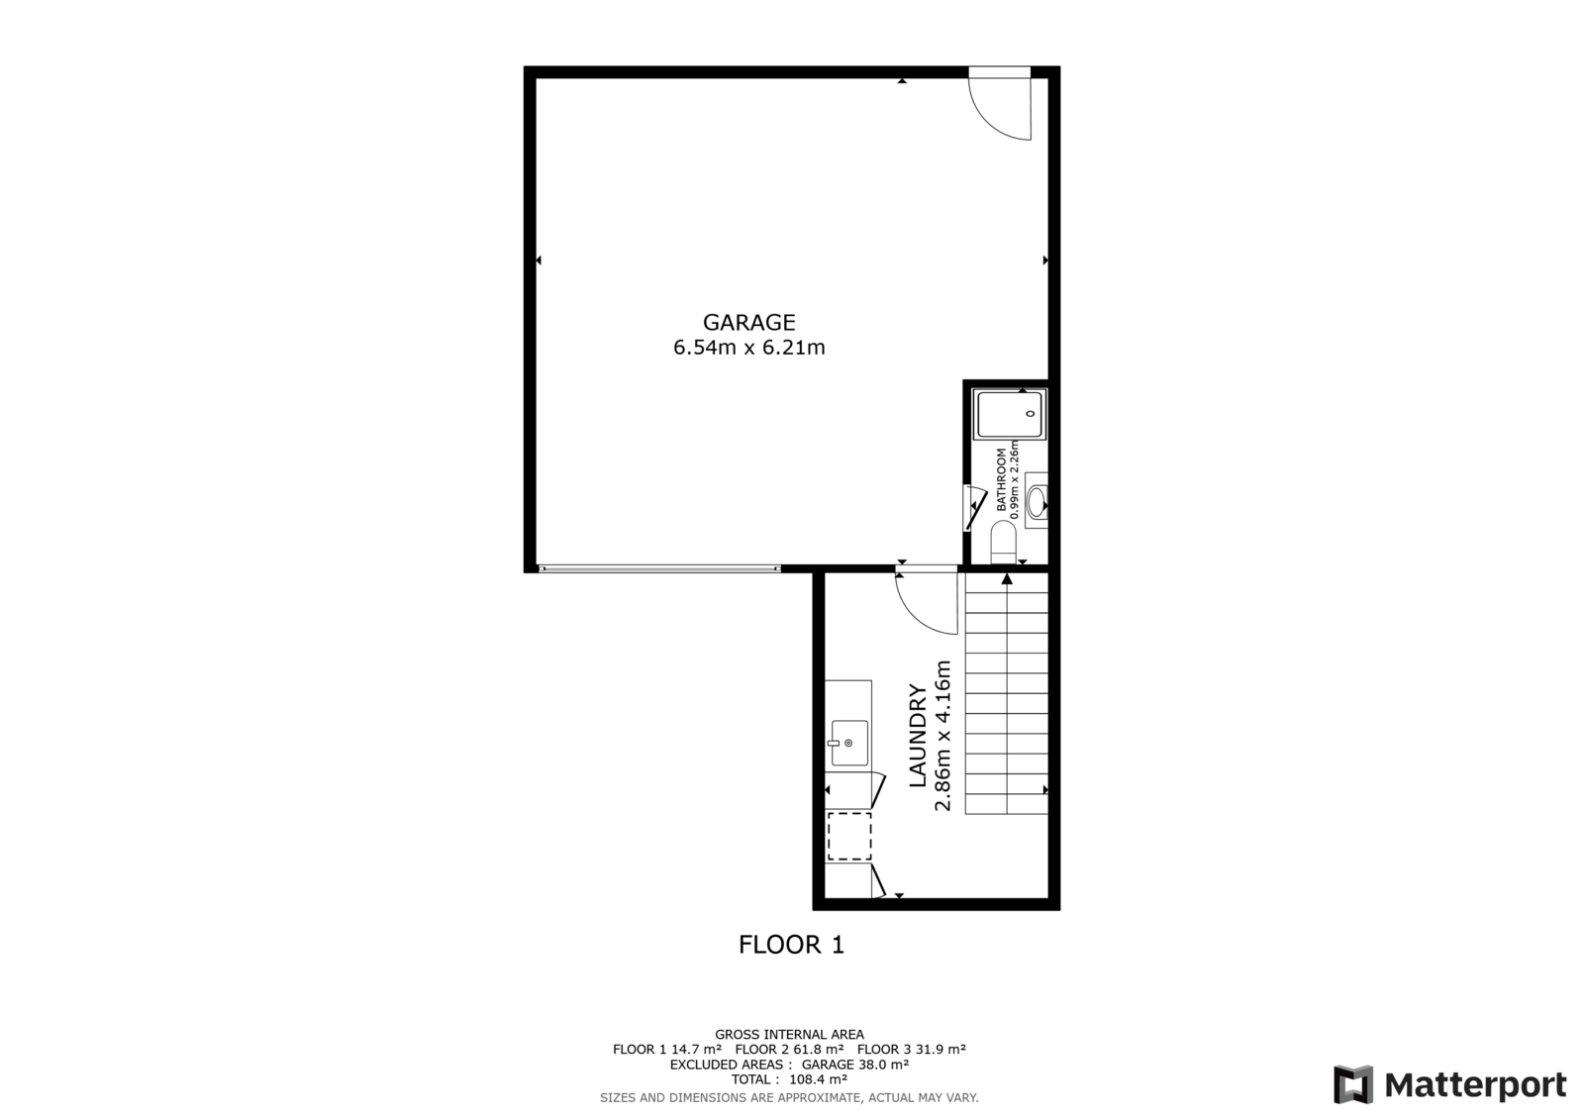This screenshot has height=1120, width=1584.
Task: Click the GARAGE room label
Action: [748, 323]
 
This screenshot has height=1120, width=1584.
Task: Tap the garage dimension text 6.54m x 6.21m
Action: [748, 349]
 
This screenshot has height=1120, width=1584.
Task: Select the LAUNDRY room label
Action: [917, 736]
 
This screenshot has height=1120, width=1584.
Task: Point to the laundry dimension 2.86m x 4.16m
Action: [942, 736]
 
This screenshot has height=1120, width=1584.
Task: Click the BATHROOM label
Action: [1001, 479]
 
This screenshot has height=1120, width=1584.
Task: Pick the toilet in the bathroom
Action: [1004, 542]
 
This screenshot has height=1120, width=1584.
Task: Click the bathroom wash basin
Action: [1037, 501]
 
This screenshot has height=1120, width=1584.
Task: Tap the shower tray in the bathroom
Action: [1010, 414]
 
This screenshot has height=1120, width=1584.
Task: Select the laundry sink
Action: [849, 743]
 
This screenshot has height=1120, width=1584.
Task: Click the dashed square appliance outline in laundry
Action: [849, 837]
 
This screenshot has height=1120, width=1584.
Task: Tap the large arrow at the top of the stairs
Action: [1007, 578]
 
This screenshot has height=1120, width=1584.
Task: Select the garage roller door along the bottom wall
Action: [659, 568]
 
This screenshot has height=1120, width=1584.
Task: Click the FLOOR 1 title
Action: [791, 945]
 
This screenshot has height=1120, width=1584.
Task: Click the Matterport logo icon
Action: [1353, 1084]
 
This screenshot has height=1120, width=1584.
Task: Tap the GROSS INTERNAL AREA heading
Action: [789, 1035]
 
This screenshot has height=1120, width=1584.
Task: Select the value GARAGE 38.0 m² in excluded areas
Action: [855, 1065]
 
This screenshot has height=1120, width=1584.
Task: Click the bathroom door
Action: [975, 508]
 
